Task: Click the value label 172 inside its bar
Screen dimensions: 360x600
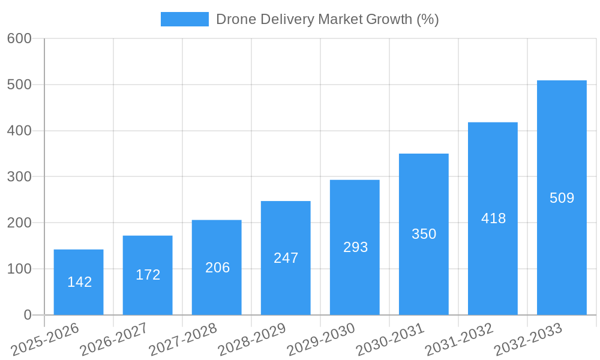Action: [x=148, y=275]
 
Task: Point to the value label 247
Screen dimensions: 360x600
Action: [x=286, y=258]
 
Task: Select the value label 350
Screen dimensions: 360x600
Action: [x=424, y=234]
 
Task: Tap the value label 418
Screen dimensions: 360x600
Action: [x=493, y=218]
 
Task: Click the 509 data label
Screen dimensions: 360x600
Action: [x=562, y=198]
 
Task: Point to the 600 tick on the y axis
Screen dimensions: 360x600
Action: [x=19, y=38]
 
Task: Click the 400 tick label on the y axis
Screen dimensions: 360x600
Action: [x=19, y=131]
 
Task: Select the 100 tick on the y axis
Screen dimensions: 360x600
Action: [x=19, y=269]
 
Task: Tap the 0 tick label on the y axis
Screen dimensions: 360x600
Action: [x=28, y=315]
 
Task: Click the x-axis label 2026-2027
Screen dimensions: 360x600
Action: [x=114, y=339]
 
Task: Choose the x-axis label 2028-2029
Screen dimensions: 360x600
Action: [x=252, y=339]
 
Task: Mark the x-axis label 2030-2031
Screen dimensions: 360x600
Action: [x=390, y=339]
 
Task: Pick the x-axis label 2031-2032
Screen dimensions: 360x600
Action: [x=459, y=339]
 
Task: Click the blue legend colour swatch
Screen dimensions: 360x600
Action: [x=184, y=19]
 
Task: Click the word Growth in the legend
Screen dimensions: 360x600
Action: [x=389, y=19]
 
